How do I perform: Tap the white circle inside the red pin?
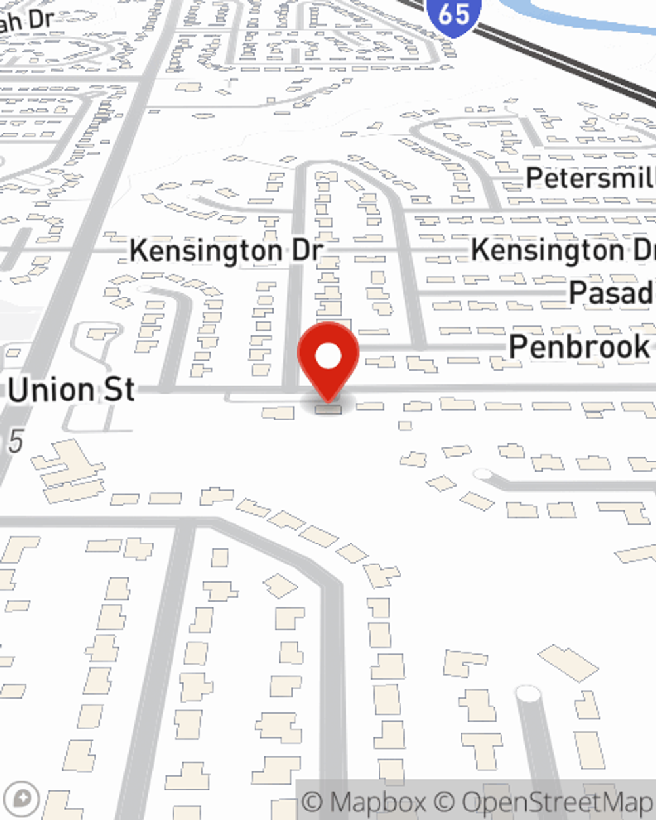click(328, 356)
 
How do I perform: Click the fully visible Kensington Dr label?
click(226, 251)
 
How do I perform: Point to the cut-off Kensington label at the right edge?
click(563, 251)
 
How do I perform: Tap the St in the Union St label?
click(121, 390)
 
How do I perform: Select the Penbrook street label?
click(579, 346)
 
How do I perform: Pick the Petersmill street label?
click(590, 178)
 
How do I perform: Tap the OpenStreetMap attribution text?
click(558, 802)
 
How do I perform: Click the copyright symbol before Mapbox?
click(313, 802)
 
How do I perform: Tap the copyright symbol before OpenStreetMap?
click(444, 802)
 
